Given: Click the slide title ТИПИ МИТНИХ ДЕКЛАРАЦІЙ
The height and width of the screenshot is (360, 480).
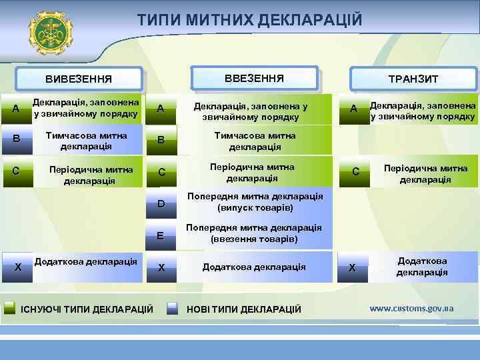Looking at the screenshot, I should [250, 21].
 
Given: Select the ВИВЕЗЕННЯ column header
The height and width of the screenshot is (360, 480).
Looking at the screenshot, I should [79, 79].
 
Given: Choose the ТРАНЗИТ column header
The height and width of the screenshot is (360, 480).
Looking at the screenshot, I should [413, 79].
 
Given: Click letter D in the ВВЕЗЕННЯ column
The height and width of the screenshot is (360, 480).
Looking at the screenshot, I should [161, 203].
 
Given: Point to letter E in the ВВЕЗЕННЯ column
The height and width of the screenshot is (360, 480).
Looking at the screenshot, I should [161, 235].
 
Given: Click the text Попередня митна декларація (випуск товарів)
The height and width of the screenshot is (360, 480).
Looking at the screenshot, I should [255, 202].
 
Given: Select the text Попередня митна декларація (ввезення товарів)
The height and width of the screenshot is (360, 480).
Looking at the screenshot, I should [254, 233].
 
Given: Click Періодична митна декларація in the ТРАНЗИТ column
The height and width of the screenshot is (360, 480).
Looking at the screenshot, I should [425, 174].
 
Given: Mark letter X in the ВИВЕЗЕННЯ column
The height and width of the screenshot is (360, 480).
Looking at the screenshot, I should [18, 267].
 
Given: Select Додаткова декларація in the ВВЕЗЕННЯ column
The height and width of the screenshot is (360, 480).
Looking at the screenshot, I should [254, 267].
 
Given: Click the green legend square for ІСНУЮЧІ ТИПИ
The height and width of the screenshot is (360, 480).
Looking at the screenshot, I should [10, 308].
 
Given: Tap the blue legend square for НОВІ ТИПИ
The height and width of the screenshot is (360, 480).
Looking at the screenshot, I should [173, 308].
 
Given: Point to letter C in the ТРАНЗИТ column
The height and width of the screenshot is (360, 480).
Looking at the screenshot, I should [355, 172].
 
